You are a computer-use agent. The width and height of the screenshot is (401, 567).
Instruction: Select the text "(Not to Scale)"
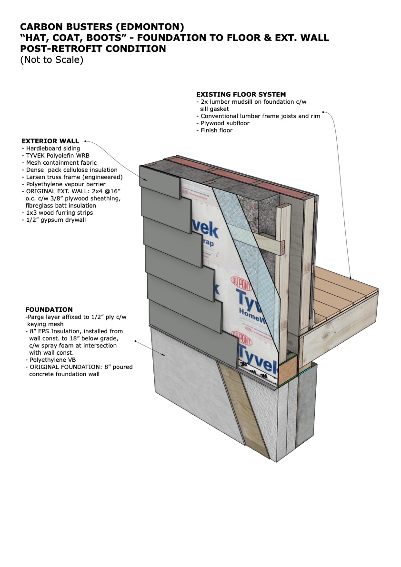(x=51, y=60)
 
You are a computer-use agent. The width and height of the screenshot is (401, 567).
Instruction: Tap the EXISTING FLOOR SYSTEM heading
(x=241, y=94)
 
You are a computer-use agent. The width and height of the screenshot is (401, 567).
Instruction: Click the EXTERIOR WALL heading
(x=50, y=141)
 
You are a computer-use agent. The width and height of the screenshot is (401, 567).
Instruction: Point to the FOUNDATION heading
(x=49, y=309)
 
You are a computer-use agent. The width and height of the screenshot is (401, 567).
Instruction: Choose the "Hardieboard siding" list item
(x=53, y=149)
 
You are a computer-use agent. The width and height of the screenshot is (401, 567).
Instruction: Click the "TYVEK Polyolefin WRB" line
(x=56, y=156)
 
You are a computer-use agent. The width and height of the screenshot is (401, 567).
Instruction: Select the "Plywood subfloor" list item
(x=223, y=123)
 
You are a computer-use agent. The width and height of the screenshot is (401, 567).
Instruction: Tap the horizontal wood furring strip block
(x=269, y=241)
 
